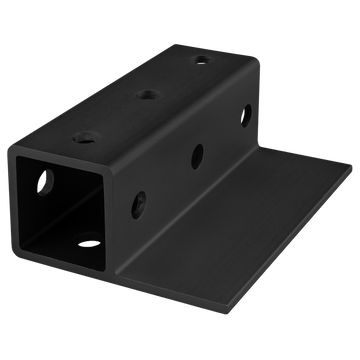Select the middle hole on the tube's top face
point(147,96)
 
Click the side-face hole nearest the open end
point(137,198)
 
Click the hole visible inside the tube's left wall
point(45,183)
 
